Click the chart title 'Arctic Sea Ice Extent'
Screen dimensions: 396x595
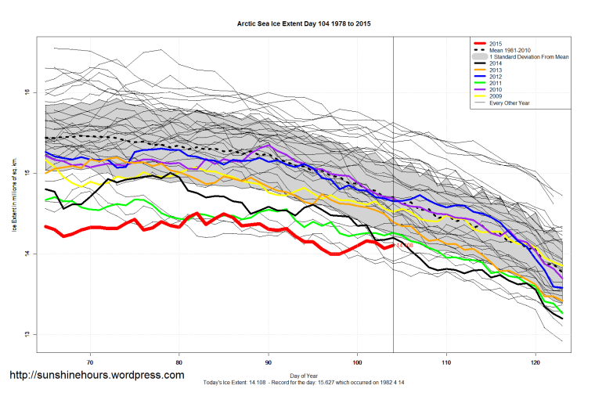pos(304,24)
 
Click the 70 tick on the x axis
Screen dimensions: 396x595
pos(91,362)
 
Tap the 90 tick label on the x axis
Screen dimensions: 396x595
pos(269,362)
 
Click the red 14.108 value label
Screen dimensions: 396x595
pos(405,246)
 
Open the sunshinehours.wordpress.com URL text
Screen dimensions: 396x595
pos(96,375)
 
